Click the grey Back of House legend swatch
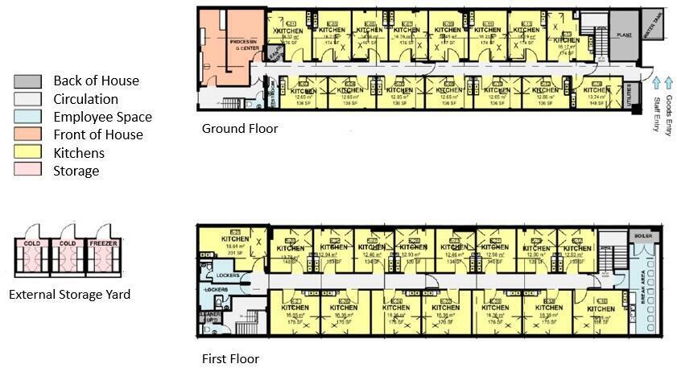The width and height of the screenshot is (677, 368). pyautogui.click(x=27, y=81)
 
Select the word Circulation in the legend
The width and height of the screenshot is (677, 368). pyautogui.click(x=85, y=99)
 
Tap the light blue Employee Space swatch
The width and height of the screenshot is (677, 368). pyautogui.click(x=27, y=117)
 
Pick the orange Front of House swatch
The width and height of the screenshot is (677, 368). pyautogui.click(x=27, y=134)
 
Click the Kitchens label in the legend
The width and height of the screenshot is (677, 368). pyautogui.click(x=79, y=152)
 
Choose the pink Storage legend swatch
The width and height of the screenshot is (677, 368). pyautogui.click(x=27, y=170)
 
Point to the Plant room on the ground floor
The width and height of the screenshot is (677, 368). pyautogui.click(x=623, y=35)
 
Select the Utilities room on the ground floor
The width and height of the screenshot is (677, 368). pyautogui.click(x=632, y=96)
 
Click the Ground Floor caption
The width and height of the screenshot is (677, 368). pyautogui.click(x=240, y=129)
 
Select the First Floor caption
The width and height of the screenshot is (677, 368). pyautogui.click(x=230, y=358)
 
